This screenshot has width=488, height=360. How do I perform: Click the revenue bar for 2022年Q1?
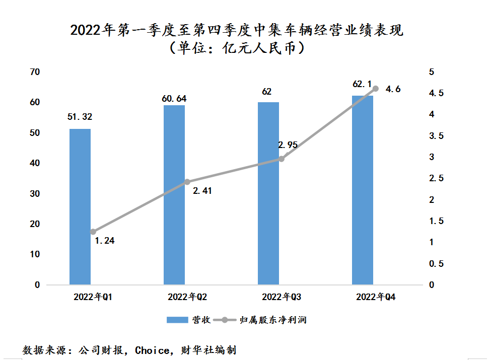tap(80, 206)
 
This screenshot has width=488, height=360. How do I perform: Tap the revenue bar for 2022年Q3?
tap(268, 193)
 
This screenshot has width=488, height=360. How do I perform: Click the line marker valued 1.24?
tap(93, 232)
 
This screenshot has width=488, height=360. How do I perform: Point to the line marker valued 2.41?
tap(187, 182)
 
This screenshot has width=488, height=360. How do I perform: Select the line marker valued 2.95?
tap(282, 159)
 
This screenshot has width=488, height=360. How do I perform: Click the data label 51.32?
tap(80, 117)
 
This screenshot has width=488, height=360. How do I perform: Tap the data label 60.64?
tap(174, 99)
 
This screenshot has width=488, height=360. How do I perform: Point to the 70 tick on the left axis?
tap(35, 72)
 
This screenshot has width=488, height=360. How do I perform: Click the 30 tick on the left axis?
tap(35, 194)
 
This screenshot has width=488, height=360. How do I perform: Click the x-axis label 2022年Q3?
tap(282, 298)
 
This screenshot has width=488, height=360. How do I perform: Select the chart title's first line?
tap(237, 31)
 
